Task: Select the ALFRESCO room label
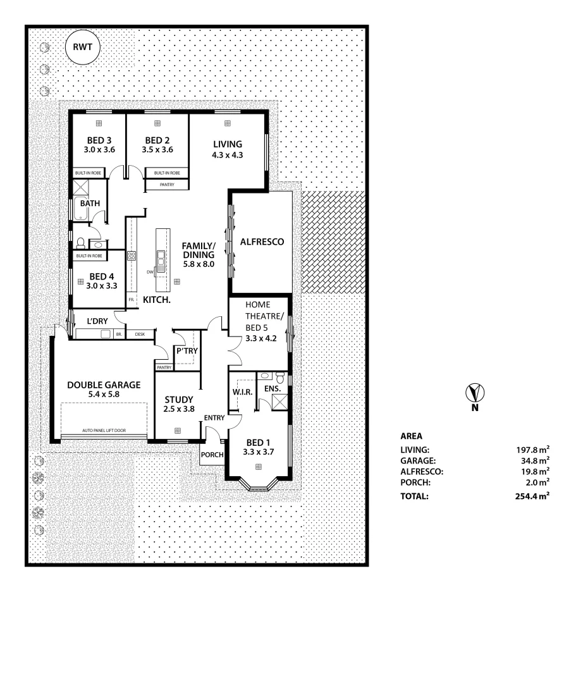click(262, 242)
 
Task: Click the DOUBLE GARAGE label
click(104, 384)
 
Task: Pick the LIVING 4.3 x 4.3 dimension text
click(227, 154)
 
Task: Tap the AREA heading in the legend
click(411, 436)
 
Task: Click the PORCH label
click(212, 455)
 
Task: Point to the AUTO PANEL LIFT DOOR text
click(104, 431)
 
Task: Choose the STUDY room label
click(180, 399)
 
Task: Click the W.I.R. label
click(242, 392)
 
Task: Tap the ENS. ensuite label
click(273, 388)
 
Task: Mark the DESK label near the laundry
click(140, 334)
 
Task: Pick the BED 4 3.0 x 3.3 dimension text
click(101, 286)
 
